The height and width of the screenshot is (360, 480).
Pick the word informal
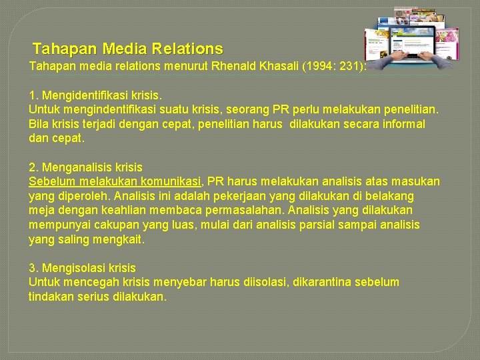(401, 124)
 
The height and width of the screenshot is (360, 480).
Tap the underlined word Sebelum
(52, 181)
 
